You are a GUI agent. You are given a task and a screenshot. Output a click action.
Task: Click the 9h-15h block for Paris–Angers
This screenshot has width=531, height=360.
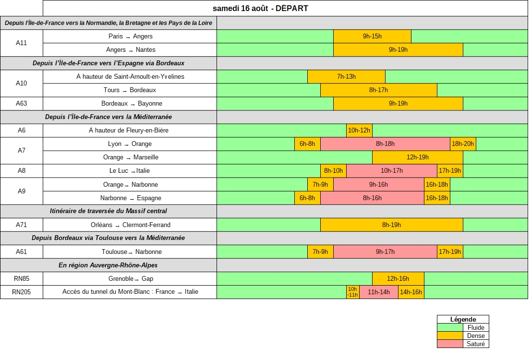(x=372, y=36)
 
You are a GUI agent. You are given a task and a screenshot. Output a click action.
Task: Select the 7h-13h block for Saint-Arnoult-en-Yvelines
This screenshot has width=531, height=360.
(x=347, y=76)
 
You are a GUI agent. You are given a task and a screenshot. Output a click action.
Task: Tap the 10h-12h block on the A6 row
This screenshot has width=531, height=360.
(x=359, y=131)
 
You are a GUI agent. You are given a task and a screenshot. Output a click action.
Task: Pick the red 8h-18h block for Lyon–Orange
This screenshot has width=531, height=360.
(x=385, y=144)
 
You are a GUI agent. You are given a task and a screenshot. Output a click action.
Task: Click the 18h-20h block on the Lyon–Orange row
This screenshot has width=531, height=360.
(x=463, y=144)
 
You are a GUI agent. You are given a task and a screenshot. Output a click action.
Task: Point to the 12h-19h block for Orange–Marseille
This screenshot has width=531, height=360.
(x=418, y=157)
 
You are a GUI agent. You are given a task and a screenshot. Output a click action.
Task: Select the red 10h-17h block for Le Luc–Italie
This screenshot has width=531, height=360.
(x=392, y=171)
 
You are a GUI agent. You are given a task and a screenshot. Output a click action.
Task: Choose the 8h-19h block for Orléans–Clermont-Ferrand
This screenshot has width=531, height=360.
(x=391, y=225)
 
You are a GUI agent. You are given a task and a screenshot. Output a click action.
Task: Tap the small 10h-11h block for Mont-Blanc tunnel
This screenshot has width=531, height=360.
(x=353, y=292)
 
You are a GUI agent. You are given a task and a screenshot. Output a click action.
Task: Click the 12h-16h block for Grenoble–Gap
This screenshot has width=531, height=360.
(x=398, y=279)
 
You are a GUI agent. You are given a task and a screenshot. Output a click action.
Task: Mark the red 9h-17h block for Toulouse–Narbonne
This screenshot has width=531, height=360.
(x=386, y=252)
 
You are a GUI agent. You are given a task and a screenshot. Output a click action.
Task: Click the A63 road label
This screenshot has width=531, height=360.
(x=21, y=104)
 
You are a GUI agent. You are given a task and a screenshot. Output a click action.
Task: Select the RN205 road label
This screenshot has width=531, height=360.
(x=21, y=292)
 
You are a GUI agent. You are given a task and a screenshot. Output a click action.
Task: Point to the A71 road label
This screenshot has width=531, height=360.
(x=21, y=225)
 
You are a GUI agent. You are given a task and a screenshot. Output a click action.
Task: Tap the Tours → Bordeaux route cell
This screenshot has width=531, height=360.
(x=130, y=90)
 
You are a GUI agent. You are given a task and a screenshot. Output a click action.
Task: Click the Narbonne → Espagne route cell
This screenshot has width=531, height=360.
(x=130, y=198)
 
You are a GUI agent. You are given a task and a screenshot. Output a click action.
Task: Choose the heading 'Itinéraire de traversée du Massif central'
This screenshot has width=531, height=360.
(x=109, y=211)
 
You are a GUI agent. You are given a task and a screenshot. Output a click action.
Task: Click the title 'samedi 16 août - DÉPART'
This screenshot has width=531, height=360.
(x=260, y=9)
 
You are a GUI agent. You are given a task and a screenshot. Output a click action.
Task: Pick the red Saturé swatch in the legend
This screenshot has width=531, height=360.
(x=450, y=344)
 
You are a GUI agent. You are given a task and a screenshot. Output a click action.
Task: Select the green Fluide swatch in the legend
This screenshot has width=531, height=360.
(x=450, y=327)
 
